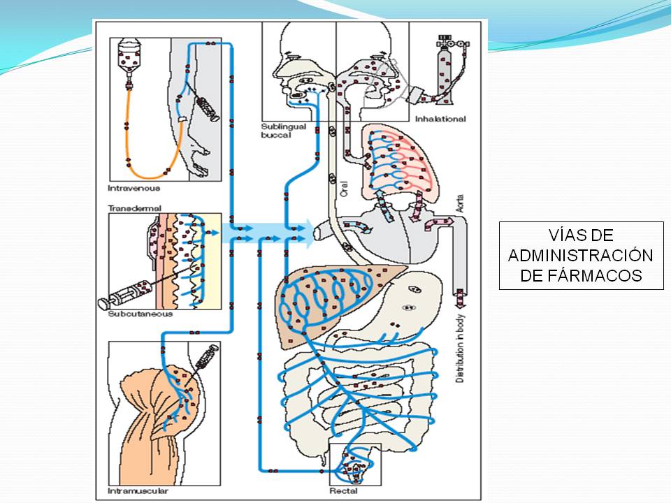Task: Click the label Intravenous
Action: click(134, 188)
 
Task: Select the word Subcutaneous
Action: click(140, 314)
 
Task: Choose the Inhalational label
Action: click(440, 119)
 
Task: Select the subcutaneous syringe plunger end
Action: click(105, 302)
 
